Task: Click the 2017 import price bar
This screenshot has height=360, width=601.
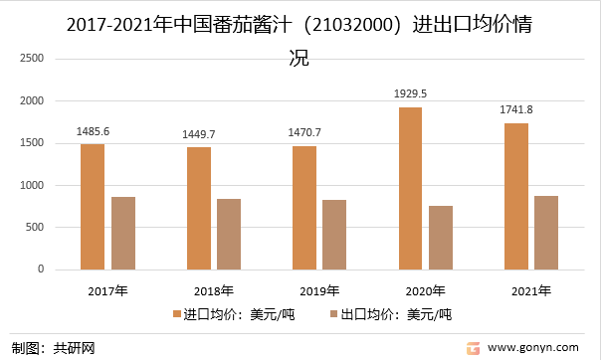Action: [93, 207]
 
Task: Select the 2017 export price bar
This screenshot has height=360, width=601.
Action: [123, 233]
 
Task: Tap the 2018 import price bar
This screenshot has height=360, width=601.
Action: [199, 208]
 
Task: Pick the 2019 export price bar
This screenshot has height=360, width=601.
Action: [334, 235]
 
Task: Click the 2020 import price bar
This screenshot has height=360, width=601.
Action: [410, 188]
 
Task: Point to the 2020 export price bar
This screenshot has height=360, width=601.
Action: [441, 238]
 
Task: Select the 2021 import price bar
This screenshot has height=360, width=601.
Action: [515, 196]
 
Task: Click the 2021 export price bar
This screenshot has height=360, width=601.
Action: [546, 233]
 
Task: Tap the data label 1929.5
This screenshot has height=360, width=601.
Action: [410, 92]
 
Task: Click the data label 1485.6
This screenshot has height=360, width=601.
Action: [94, 130]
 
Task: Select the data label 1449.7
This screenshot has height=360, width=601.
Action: [199, 133]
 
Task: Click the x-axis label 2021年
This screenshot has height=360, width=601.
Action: [530, 291]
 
